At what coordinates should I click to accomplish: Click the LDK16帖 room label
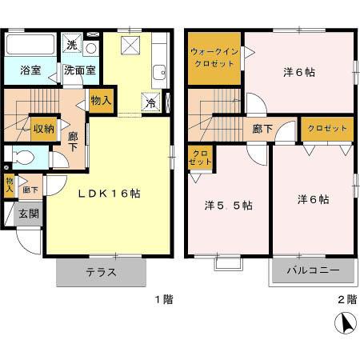(110, 193)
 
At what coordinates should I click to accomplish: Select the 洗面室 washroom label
(80, 70)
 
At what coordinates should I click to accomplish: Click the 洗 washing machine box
(71, 43)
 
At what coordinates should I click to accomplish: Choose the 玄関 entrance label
(29, 214)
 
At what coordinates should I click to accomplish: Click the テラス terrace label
(102, 271)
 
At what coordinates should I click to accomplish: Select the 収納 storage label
(43, 128)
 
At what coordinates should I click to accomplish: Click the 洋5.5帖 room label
(230, 205)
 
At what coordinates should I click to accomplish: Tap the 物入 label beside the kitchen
(101, 101)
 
